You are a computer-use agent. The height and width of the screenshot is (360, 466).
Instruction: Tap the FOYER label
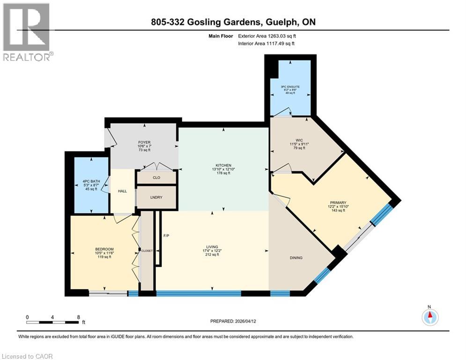pos(144,142)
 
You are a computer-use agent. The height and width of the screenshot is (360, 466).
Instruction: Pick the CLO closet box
pos(156,178)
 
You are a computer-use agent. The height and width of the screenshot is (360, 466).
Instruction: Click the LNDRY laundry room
pos(156,197)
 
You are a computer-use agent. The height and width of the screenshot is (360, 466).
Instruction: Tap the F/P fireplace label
pos(165,235)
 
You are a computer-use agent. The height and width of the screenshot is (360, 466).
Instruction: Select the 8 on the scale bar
pos(78,317)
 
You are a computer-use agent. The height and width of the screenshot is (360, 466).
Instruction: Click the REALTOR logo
pos(27,32)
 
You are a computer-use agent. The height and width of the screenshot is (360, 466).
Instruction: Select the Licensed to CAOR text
pos(27,356)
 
